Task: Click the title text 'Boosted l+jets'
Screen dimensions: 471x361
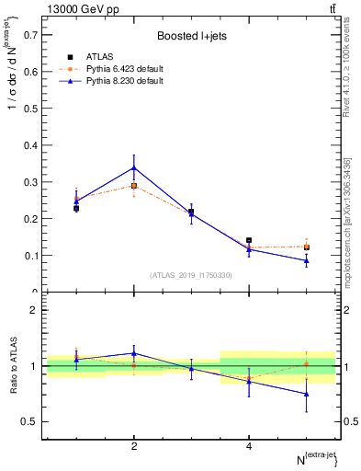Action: click(191, 37)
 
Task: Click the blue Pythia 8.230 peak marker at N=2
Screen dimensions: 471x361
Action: click(134, 167)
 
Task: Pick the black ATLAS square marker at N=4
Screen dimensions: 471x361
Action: click(249, 241)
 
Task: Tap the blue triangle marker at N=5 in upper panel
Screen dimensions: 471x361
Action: click(306, 260)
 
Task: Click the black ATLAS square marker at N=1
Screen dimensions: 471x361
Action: click(76, 209)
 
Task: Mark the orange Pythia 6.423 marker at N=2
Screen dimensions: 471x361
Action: click(134, 186)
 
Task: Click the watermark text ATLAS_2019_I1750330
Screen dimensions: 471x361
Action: click(191, 275)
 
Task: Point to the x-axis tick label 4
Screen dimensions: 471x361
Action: click(249, 446)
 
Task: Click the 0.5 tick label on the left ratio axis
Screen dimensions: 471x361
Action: click(30, 421)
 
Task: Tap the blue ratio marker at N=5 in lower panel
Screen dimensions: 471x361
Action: click(306, 394)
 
